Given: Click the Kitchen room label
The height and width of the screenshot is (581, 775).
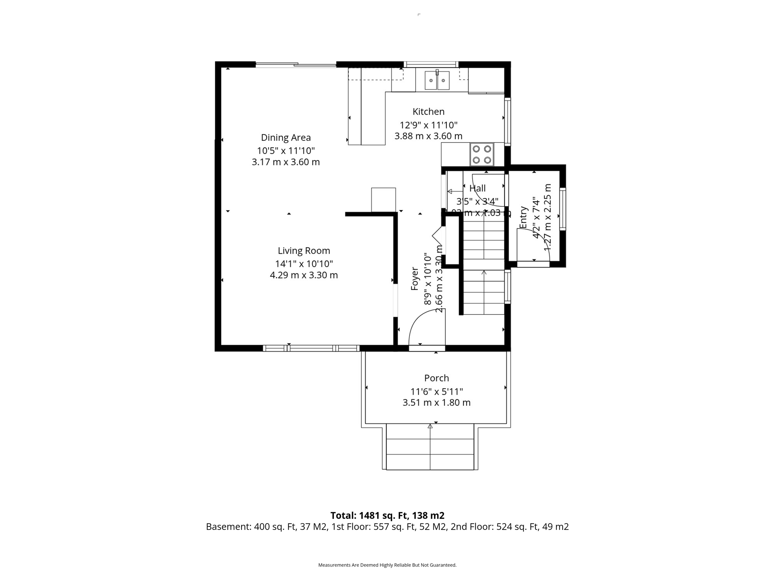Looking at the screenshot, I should (428, 112).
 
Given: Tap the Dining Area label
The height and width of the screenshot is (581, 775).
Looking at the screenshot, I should (286, 138).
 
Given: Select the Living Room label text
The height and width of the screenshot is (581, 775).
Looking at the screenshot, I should (304, 251).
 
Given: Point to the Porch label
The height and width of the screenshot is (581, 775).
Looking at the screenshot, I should (436, 378).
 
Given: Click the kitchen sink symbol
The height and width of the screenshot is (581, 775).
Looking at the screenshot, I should (437, 80).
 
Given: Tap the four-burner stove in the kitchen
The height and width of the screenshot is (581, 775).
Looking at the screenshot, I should (482, 154).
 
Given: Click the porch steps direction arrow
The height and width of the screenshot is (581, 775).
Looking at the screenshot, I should (430, 426).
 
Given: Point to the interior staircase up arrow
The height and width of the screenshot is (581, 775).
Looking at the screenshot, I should (484, 272).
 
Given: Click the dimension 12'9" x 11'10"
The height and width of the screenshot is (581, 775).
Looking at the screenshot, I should (428, 125).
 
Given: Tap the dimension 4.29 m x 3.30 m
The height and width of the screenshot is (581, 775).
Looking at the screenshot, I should (304, 275).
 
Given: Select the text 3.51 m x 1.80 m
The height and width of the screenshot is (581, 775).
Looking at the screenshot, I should (436, 402).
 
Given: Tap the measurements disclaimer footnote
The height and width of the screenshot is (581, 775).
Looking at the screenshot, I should (387, 565).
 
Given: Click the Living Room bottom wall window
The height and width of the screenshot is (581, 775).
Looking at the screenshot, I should (311, 348).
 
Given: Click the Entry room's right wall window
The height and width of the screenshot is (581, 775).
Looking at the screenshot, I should (563, 209).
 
